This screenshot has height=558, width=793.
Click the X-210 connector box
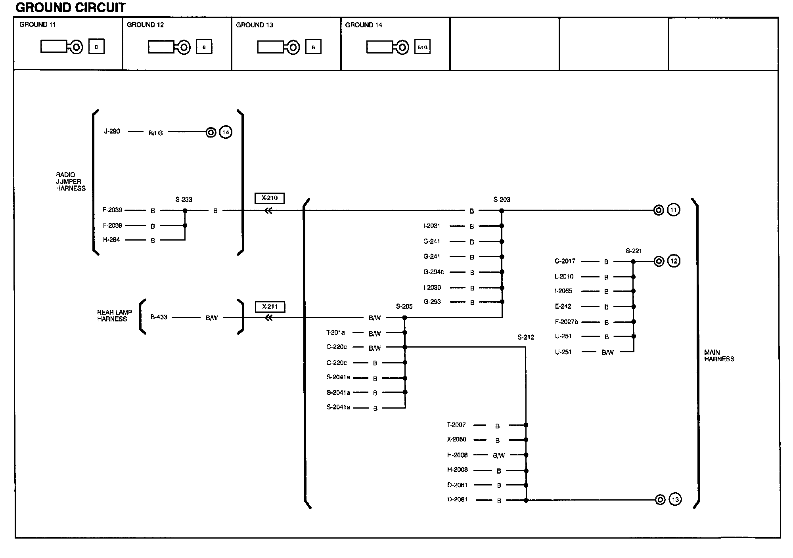(x=270, y=198)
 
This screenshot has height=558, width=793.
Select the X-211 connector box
(x=270, y=307)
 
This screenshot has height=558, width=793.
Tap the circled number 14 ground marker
(x=226, y=132)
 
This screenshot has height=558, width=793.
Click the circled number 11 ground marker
(x=674, y=210)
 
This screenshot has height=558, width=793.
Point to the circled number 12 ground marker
(x=674, y=261)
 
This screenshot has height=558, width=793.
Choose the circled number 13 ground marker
(x=675, y=499)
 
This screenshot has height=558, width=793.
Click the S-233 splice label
(x=184, y=200)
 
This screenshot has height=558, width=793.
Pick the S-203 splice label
(x=502, y=200)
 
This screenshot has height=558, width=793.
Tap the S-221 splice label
(x=634, y=251)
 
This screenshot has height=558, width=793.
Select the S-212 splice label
(x=526, y=337)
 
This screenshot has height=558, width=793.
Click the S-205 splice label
(x=404, y=306)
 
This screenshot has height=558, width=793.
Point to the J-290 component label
(x=112, y=131)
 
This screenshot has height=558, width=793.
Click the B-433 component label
(x=159, y=317)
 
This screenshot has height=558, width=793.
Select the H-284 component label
(x=111, y=240)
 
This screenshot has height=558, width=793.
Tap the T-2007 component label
(x=456, y=425)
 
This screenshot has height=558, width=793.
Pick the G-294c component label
(x=434, y=272)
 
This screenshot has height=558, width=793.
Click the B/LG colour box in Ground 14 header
(x=422, y=47)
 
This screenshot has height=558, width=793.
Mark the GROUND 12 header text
(x=145, y=25)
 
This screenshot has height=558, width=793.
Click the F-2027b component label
(x=566, y=322)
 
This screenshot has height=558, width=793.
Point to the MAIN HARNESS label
(x=719, y=355)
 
